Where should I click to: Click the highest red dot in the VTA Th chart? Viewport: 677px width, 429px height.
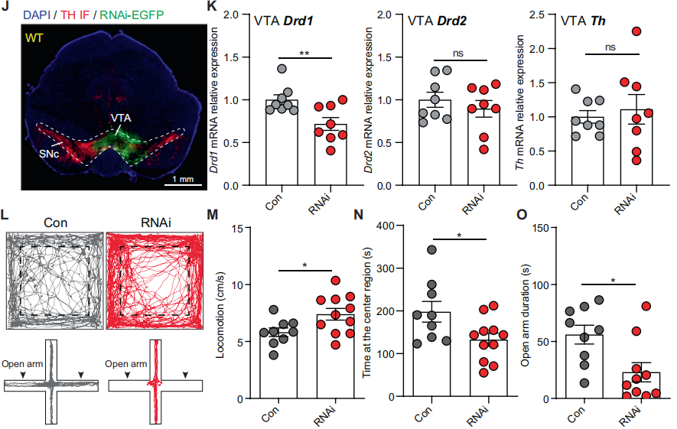[x=636, y=31]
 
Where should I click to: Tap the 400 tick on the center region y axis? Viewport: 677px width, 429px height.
[x=386, y=226]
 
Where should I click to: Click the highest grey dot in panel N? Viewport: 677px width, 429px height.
[x=433, y=249]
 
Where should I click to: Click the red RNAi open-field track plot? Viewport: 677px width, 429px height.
[x=155, y=281]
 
